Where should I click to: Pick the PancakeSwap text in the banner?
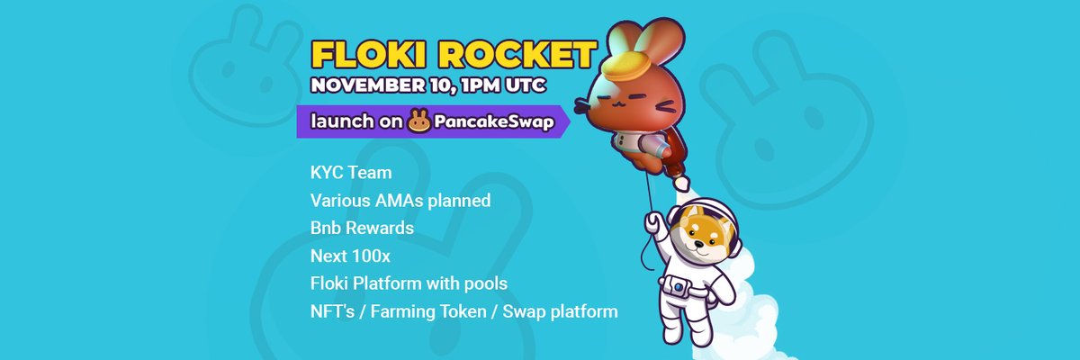[492, 121]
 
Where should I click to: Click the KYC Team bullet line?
[351, 172]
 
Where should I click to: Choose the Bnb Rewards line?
[362, 228]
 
